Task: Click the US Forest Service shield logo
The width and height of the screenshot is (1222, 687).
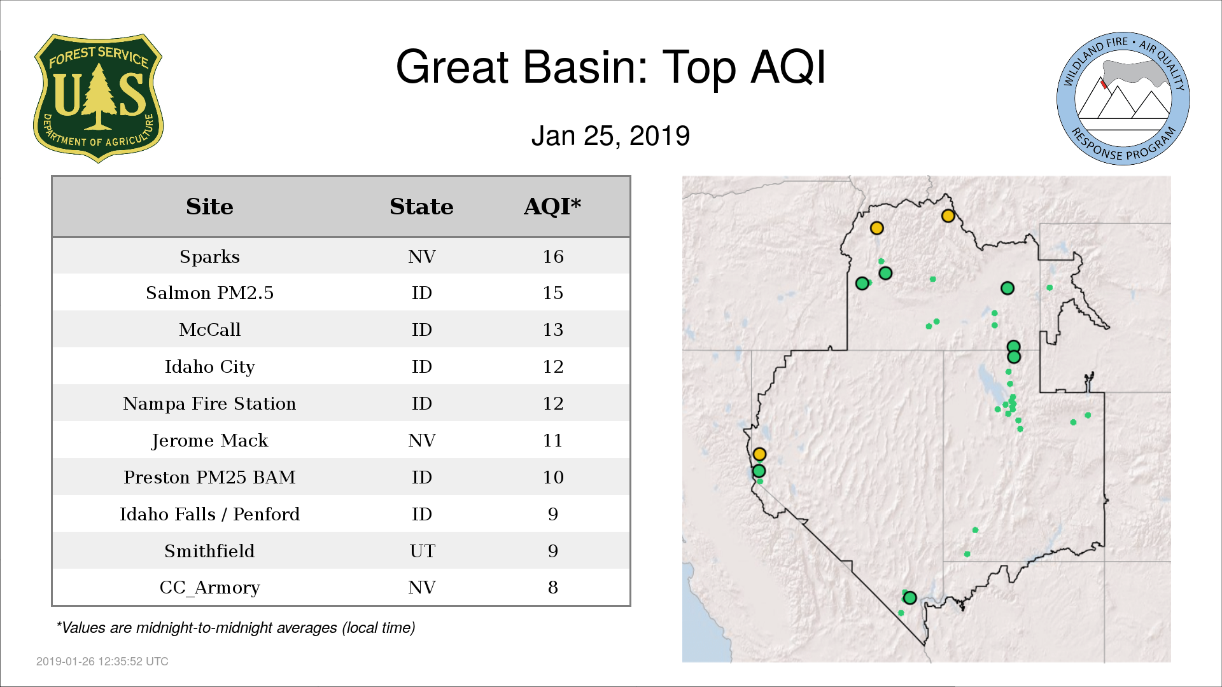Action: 98,98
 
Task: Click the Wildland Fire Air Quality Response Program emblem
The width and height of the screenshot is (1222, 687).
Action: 1123,99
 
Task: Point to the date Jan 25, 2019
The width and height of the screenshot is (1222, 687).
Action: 610,136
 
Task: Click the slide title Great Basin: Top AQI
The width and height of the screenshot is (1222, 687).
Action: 610,67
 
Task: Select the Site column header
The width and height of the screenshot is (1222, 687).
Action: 209,207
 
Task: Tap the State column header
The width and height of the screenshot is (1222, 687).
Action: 421,207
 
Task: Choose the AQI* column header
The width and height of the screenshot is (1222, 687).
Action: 552,207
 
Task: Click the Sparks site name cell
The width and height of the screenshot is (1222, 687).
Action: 209,257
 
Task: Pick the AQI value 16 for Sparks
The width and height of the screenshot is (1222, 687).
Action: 553,256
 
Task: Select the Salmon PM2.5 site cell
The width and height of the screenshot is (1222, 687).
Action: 209,293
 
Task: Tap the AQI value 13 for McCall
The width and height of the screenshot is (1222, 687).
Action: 553,330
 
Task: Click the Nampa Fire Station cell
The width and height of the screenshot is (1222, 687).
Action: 209,404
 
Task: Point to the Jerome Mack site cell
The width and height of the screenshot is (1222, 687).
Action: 209,441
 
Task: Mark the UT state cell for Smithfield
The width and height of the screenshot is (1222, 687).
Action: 422,551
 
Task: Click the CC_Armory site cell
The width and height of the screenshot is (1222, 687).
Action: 209,588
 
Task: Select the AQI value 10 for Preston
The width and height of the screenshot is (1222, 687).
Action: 553,477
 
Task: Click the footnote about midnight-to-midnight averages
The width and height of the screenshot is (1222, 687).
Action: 235,628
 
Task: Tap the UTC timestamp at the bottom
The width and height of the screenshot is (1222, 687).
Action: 102,662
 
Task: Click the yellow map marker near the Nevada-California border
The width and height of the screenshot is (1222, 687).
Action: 759,454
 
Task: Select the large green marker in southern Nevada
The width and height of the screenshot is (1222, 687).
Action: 910,598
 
